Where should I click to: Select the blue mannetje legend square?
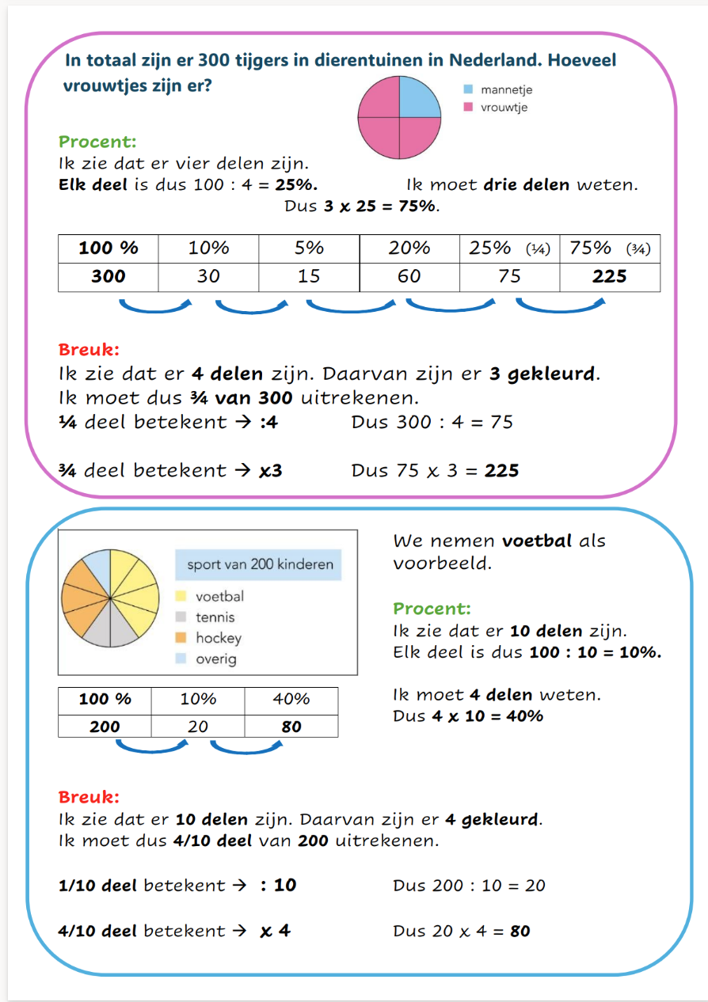click(468, 90)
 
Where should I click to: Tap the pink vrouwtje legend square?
click(468, 107)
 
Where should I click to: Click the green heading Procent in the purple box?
click(97, 142)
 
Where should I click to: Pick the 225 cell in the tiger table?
click(609, 276)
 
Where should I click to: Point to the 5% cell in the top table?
click(309, 248)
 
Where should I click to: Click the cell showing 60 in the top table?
click(409, 276)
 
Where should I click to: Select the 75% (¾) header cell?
click(609, 248)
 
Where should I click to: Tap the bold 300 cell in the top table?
click(108, 276)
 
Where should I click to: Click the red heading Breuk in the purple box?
click(89, 349)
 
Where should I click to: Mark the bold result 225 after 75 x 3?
click(501, 471)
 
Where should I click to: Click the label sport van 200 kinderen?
click(260, 565)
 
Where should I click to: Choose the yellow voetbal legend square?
click(181, 597)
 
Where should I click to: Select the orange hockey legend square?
click(181, 638)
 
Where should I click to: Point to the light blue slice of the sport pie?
click(96, 567)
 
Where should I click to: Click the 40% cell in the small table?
click(291, 699)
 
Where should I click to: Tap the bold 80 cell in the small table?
click(291, 726)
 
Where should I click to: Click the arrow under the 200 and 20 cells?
click(150, 746)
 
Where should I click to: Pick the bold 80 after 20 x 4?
click(520, 931)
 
